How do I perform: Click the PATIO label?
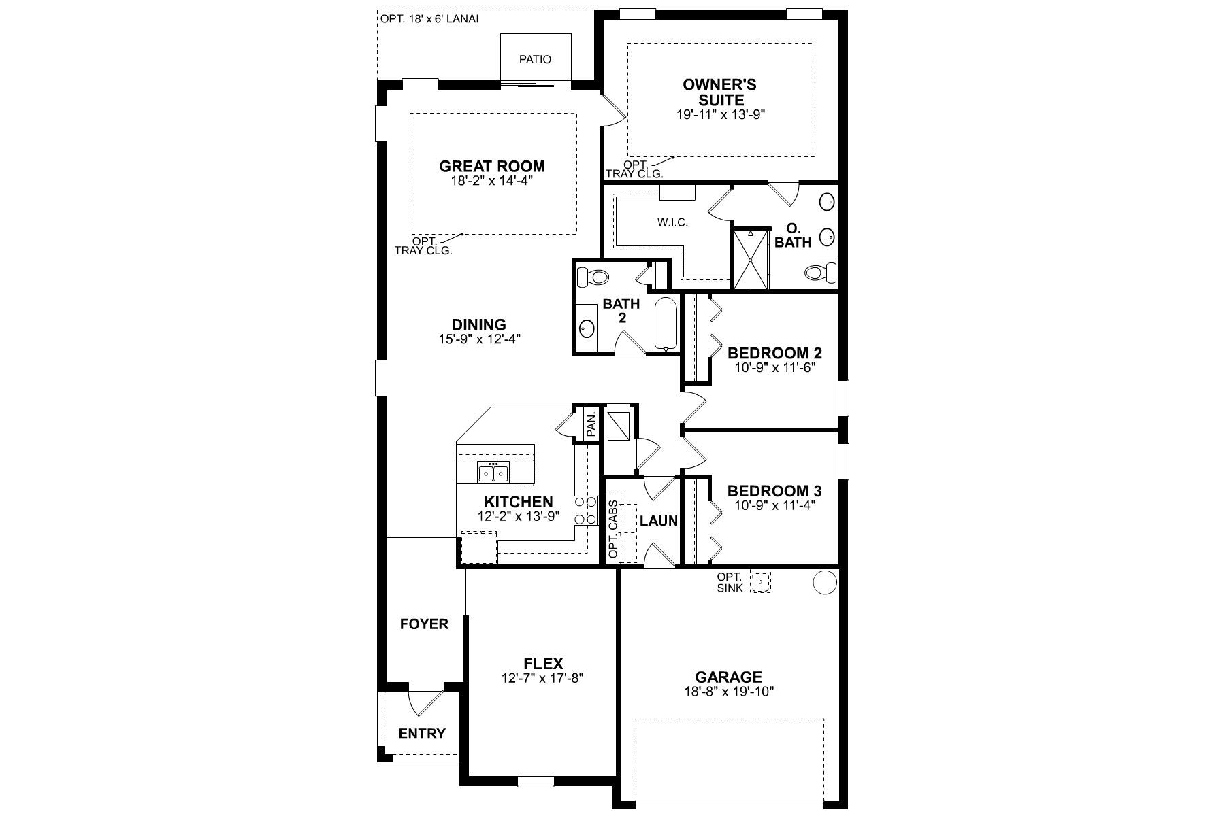[535, 59]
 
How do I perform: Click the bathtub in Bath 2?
[665, 323]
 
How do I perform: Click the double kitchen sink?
[493, 471]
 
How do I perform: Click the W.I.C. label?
[672, 222]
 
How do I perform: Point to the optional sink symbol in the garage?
[760, 581]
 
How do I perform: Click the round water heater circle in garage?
[825, 582]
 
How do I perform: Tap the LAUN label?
[659, 521]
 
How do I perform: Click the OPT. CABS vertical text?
[613, 530]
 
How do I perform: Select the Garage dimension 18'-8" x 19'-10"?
[729, 692]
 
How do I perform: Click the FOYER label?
[424, 624]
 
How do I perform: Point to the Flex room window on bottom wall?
[536, 782]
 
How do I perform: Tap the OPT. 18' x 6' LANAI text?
[429, 19]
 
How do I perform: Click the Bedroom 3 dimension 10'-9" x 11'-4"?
[774, 505]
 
